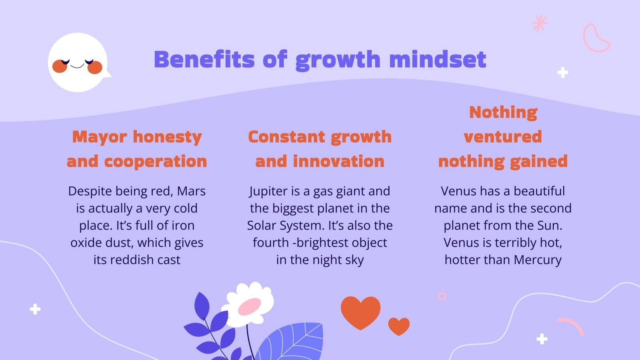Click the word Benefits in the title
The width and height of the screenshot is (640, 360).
click(x=204, y=60)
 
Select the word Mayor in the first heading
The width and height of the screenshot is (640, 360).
click(x=100, y=137)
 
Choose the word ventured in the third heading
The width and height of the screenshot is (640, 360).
click(x=503, y=137)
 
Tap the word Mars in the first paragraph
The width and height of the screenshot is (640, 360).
click(x=191, y=191)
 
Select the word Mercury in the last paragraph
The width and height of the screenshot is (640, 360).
click(x=538, y=260)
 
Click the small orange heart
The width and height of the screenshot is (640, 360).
click(x=399, y=326)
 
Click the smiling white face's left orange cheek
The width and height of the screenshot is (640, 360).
click(x=59, y=66)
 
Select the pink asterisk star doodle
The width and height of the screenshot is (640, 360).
click(x=540, y=23)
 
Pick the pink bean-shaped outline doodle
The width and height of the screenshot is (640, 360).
click(x=596, y=38)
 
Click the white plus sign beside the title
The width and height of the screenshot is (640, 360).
click(x=563, y=72)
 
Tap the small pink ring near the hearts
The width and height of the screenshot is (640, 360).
click(x=442, y=296)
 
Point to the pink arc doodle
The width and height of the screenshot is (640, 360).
click(x=571, y=325)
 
